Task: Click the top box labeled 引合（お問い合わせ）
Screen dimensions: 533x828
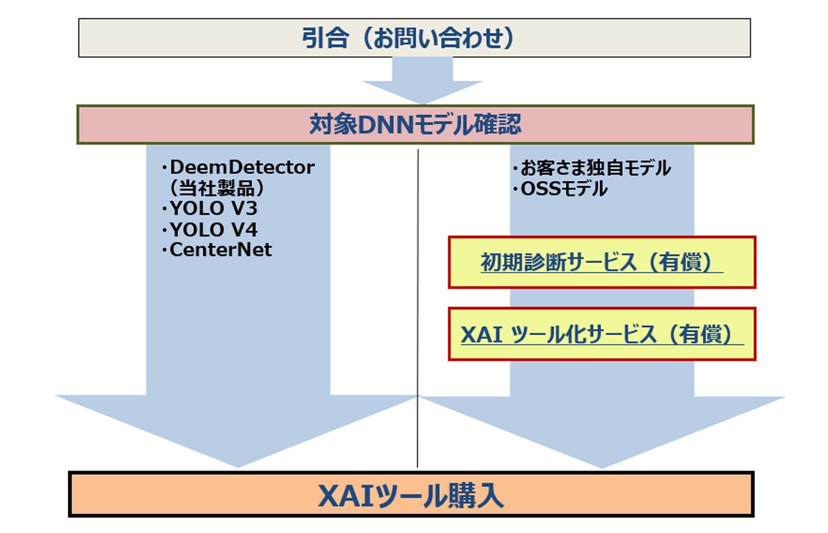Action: click(414, 38)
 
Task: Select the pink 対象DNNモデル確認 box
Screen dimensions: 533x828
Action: click(415, 125)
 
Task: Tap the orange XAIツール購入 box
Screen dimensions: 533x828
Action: click(411, 494)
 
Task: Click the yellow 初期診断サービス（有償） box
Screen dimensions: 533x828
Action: click(601, 262)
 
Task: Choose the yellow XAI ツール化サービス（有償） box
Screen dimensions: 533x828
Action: click(601, 334)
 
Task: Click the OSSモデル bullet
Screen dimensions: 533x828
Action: click(559, 189)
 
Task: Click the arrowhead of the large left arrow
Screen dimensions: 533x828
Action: click(237, 429)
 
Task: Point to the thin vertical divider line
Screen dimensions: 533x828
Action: click(418, 306)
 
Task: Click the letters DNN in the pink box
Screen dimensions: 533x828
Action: click(381, 125)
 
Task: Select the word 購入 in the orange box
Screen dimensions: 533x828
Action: click(478, 496)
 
